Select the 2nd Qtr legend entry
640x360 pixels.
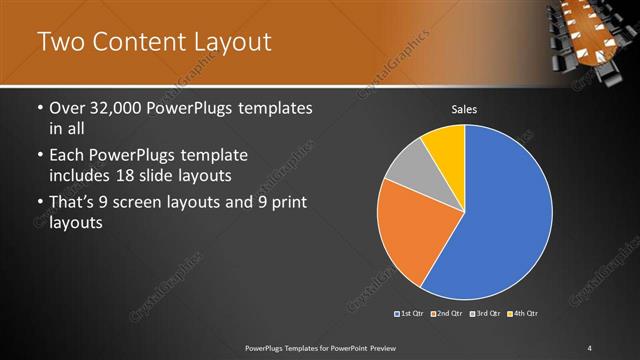[x=446, y=315]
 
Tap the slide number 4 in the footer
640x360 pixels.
[x=590, y=347]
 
